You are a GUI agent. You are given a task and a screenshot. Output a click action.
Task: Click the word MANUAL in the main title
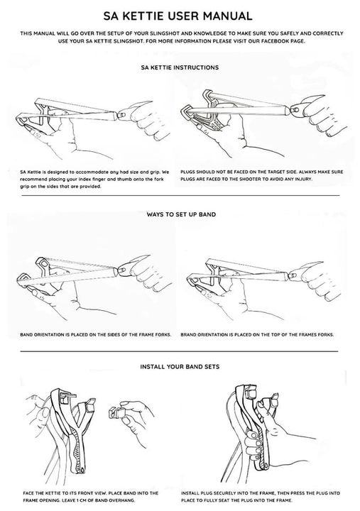coord(229,16)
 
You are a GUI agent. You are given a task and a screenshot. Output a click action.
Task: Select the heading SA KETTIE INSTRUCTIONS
coord(180,67)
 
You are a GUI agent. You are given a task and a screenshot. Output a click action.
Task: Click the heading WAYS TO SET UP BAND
coord(181,214)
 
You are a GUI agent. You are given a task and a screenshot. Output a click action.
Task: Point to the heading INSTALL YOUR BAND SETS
coord(180,367)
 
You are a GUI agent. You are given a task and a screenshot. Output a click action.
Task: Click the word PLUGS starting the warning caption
coord(188,172)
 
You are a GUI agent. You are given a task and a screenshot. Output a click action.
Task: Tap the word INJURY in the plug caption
coord(304,179)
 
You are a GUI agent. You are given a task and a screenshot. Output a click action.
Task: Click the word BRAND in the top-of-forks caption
coord(188,334)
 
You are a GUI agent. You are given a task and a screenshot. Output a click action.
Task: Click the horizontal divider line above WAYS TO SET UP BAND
coord(180,196)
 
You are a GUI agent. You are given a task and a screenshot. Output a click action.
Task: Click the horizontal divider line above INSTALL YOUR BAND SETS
coord(179,351)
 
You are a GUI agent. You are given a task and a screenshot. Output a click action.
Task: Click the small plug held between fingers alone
coord(116,412)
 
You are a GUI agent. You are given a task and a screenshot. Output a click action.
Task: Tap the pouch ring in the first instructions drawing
coord(123,115)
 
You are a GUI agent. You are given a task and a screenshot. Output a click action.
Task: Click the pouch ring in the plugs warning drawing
coord(297,111)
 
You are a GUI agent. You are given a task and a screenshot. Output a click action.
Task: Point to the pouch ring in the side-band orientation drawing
coord(123,270)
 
